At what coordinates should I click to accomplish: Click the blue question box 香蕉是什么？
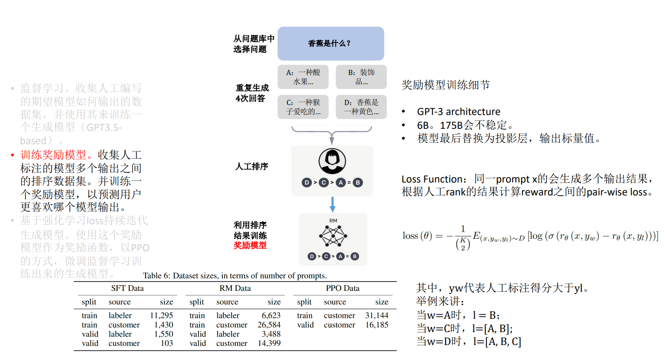tap(331, 44)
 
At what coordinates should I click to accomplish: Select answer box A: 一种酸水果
tap(303, 77)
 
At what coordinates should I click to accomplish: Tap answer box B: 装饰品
tap(361, 77)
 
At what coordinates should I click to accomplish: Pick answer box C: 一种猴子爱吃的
tap(303, 107)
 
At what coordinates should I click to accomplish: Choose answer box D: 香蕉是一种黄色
tap(361, 107)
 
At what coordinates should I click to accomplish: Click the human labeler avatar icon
tap(332, 161)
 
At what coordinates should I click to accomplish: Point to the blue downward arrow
tap(332, 204)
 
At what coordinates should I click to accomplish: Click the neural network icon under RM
tap(333, 236)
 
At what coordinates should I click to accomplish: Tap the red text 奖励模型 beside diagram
tap(250, 245)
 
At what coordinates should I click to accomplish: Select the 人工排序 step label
tap(252, 167)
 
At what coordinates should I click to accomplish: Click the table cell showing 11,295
tap(162, 315)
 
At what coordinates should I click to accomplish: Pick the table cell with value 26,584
tap(269, 325)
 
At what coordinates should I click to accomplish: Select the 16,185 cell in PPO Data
tap(377, 325)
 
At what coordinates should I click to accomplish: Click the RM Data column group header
tap(235, 288)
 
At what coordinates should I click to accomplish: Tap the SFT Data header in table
tap(127, 288)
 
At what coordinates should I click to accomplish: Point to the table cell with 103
tap(167, 343)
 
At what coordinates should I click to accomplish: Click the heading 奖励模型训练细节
tap(446, 85)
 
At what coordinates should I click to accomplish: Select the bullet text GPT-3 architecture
tap(458, 112)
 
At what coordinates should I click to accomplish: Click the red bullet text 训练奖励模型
tap(53, 155)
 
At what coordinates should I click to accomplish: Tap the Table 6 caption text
tap(235, 276)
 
